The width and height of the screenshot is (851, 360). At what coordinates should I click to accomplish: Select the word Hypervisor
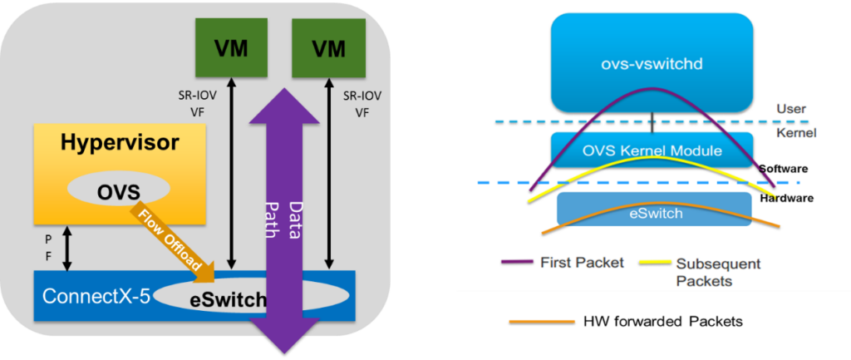pyautogui.click(x=118, y=143)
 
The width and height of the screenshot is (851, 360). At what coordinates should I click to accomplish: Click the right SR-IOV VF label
pyautogui.click(x=362, y=104)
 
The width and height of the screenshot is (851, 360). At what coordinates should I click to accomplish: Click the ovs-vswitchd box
pyautogui.click(x=652, y=62)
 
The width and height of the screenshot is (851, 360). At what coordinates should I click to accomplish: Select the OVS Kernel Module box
pyautogui.click(x=652, y=150)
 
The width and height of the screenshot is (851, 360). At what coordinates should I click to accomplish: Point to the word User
pyautogui.click(x=790, y=109)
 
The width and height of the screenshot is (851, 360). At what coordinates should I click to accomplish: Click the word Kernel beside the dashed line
pyautogui.click(x=797, y=132)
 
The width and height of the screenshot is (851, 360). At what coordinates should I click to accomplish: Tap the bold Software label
pyautogui.click(x=783, y=169)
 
